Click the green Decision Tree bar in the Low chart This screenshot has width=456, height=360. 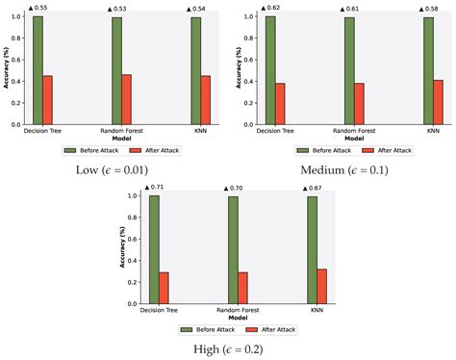pos(38,70)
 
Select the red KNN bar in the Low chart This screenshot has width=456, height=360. pos(207,100)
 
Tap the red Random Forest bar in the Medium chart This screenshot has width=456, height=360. pos(359,104)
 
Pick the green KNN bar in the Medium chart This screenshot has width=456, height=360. pos(427,70)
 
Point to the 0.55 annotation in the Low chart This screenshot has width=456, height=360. pos(38,9)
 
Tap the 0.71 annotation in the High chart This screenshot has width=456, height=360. pos(154,188)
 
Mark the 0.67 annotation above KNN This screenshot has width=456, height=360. pos(313,188)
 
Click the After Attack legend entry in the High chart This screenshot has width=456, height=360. pos(275,329)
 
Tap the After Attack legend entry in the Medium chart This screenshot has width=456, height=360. pos(390,150)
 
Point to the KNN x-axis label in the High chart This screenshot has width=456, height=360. pos(312,309)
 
